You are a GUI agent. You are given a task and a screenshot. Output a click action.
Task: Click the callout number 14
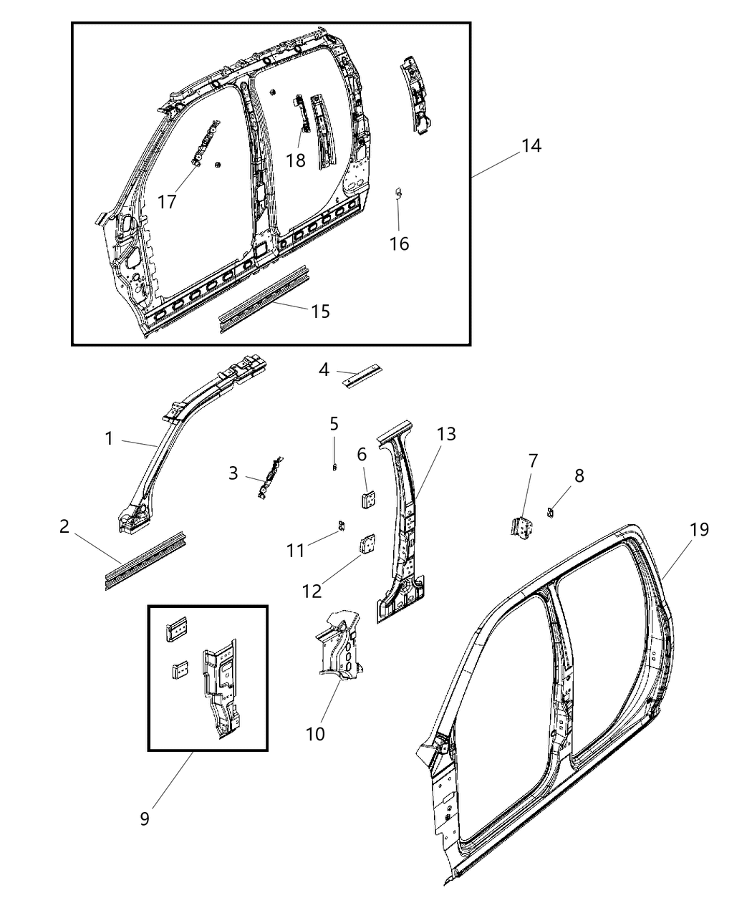pyautogui.click(x=531, y=145)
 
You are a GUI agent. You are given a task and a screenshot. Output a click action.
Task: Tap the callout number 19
pyautogui.click(x=699, y=529)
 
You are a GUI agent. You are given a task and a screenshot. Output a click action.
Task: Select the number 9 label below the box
pyautogui.click(x=145, y=818)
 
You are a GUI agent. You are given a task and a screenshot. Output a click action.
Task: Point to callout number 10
pyautogui.click(x=315, y=734)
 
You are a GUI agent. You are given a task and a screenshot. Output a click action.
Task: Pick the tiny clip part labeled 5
pyautogui.click(x=334, y=466)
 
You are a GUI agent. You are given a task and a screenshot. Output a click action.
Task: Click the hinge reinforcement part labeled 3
pyautogui.click(x=271, y=477)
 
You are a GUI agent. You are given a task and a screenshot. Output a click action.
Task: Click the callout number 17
pyautogui.click(x=167, y=202)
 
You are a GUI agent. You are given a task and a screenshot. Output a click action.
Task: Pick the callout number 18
pyautogui.click(x=296, y=160)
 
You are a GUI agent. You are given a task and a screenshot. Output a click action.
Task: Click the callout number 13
pyautogui.click(x=446, y=434)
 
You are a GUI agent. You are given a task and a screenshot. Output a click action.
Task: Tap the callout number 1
pyautogui.click(x=109, y=438)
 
